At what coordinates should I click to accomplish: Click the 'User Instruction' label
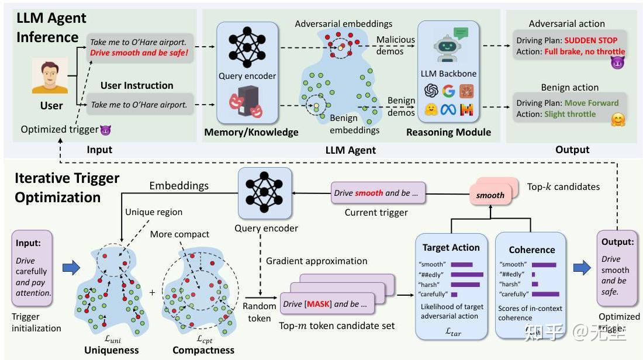coord(137,85)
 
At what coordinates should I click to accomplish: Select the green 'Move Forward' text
coord(590,103)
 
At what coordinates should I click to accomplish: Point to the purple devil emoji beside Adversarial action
coord(617,63)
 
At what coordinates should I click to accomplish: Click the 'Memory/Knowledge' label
coord(251,133)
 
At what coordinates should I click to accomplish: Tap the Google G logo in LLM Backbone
coord(448,91)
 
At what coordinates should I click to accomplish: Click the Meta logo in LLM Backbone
coord(448,110)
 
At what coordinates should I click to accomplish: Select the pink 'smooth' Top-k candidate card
coord(490,195)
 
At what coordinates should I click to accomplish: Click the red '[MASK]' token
coord(319,304)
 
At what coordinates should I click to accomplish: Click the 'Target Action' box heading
coord(451,247)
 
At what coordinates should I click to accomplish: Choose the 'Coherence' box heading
coord(531,250)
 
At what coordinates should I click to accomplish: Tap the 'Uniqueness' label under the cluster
coord(111,350)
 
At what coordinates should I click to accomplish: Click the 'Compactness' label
coord(203,350)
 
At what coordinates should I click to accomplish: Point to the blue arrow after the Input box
coord(70,268)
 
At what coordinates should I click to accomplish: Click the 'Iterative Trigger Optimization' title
coord(67,188)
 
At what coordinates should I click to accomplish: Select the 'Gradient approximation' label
coord(316,261)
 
